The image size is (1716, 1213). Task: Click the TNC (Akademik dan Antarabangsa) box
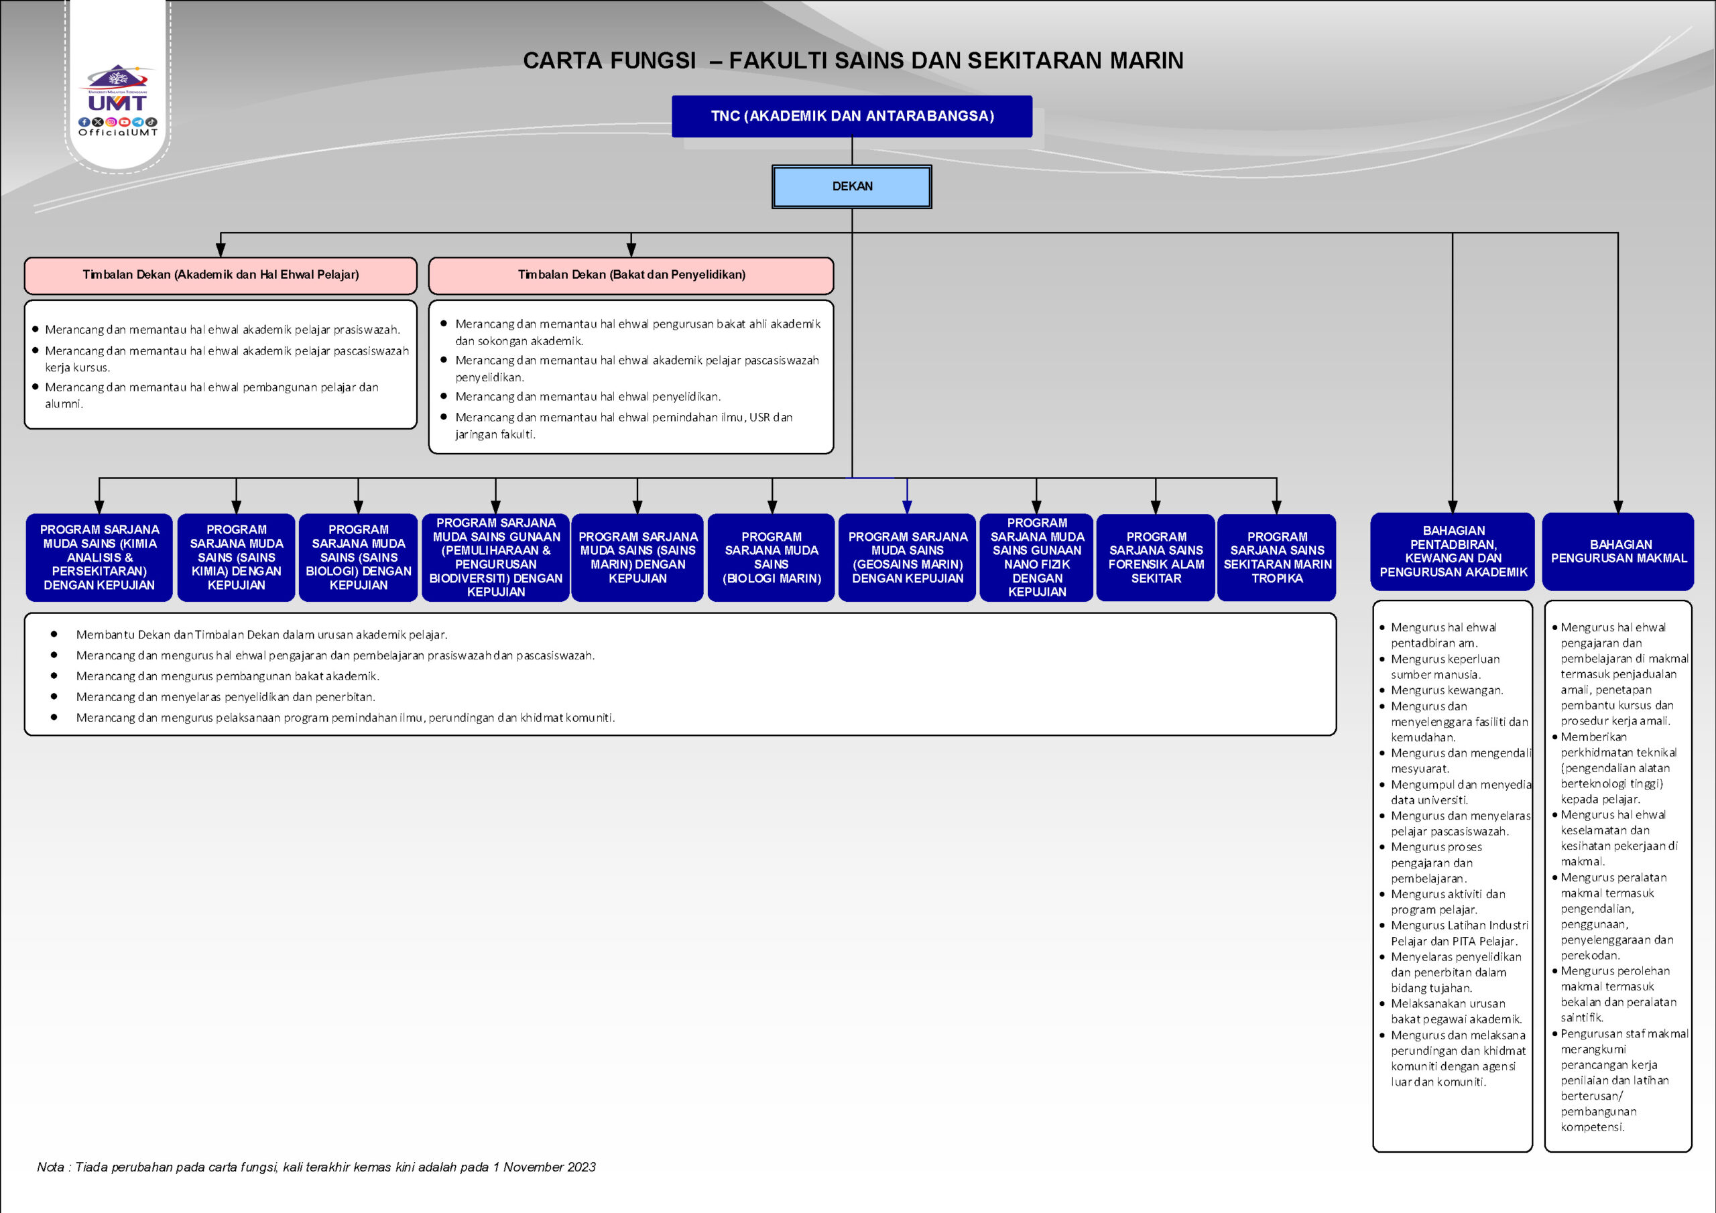[852, 116]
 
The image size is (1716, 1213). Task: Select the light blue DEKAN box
[852, 186]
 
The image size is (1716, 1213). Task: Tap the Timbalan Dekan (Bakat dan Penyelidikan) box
[631, 275]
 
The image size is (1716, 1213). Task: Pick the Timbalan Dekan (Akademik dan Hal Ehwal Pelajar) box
[221, 275]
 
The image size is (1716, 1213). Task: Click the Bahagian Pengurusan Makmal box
[1618, 552]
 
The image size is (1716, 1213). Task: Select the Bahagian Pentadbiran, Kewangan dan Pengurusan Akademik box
[1453, 552]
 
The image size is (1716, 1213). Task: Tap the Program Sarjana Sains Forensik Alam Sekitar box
[1156, 558]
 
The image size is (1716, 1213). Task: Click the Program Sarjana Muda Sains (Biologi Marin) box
[772, 558]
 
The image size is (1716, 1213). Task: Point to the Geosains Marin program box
[908, 558]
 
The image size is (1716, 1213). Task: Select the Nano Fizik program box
[1036, 558]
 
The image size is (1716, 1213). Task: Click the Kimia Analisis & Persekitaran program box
[99, 558]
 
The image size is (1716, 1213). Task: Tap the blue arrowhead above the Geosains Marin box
[906, 507]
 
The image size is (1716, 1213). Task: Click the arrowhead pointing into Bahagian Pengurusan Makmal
[1618, 507]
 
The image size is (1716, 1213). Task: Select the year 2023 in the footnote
[580, 1167]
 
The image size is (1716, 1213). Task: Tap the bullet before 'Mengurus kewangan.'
[1382, 690]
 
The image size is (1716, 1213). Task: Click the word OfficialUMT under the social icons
[118, 133]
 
